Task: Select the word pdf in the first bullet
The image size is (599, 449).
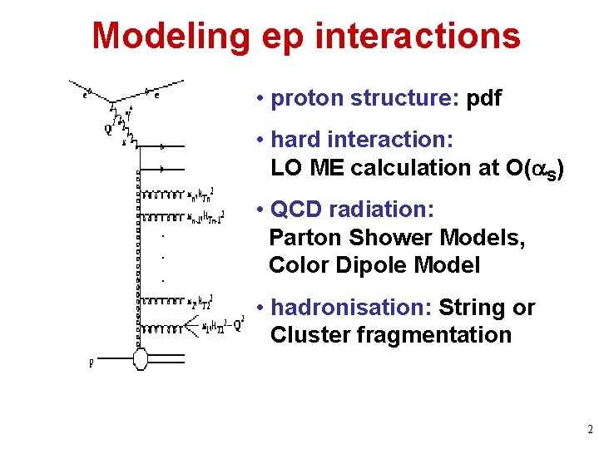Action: [484, 99]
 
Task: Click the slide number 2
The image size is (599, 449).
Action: [589, 430]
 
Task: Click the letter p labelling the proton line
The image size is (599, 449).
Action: [91, 363]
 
